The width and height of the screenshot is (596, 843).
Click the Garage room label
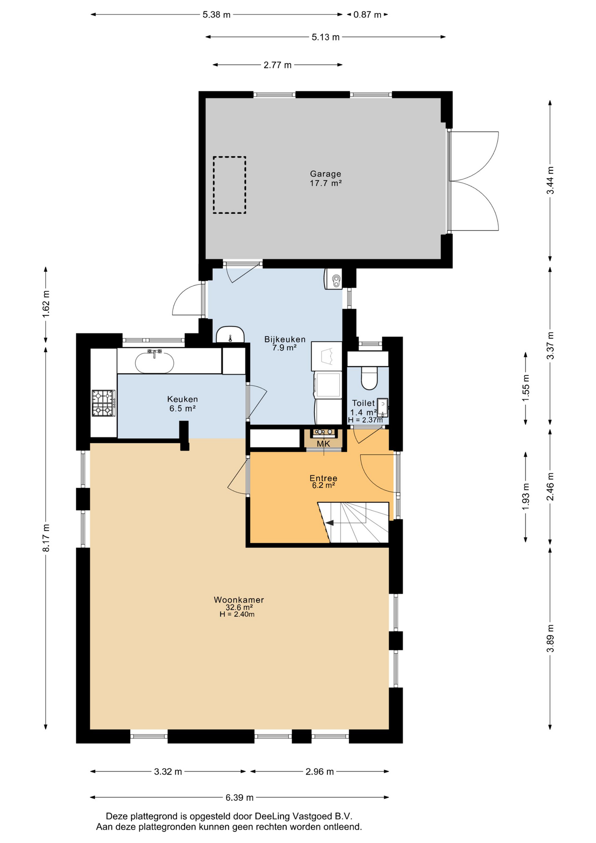point(325,174)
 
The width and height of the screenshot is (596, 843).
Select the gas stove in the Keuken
point(104,403)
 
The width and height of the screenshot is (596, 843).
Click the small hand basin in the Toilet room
point(383,407)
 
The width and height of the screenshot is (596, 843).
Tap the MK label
point(323,443)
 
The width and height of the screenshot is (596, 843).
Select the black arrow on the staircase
point(329,523)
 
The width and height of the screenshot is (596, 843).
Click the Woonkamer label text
point(239,600)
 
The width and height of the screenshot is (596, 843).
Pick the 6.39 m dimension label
point(240,797)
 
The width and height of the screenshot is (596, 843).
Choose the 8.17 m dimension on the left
point(46,538)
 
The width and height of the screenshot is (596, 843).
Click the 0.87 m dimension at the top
point(367,14)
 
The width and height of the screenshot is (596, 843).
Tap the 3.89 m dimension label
point(550,638)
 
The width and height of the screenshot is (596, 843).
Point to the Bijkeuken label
point(285,339)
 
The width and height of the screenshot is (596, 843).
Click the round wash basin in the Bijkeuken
point(230,335)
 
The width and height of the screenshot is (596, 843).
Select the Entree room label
point(323,478)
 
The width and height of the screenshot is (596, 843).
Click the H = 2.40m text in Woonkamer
point(237,614)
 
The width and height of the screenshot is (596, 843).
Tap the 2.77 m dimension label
point(277,65)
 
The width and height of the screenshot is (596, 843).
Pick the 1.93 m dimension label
point(526,496)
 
